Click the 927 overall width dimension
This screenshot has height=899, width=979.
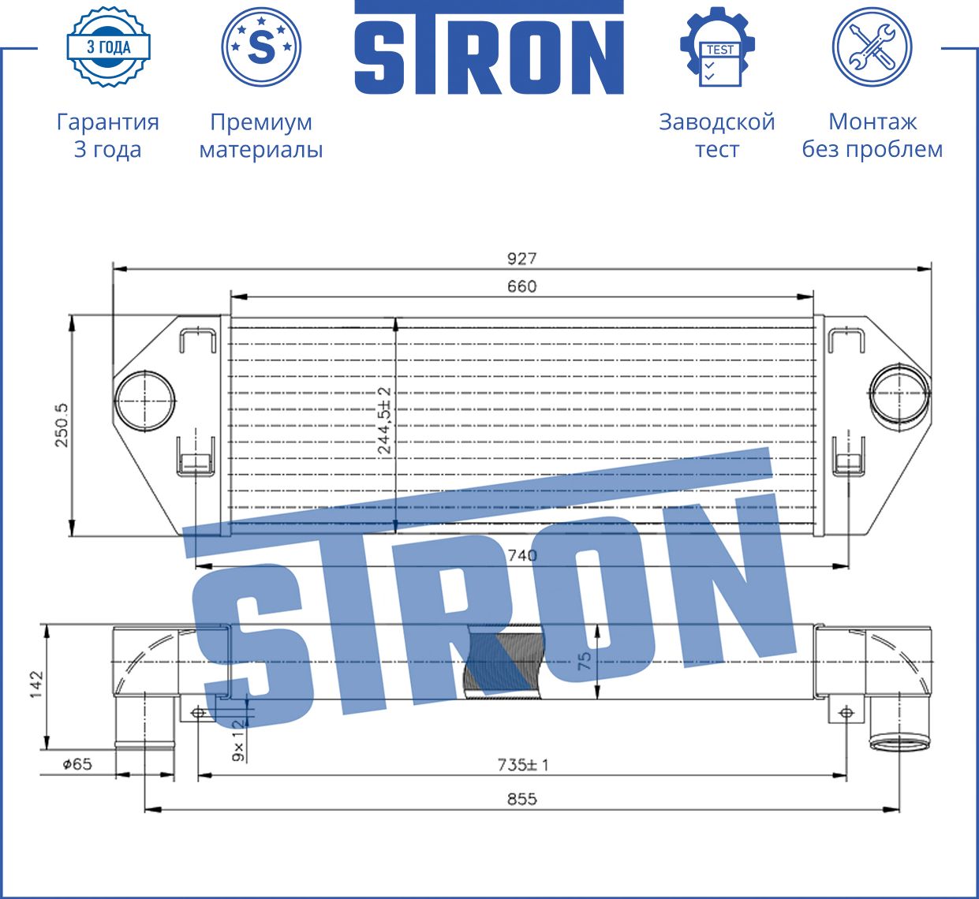pyautogui.click(x=521, y=259)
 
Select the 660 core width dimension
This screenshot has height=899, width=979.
pyautogui.click(x=521, y=286)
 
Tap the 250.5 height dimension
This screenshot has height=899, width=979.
pyautogui.click(x=62, y=425)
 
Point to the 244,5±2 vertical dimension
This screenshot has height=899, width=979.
pyautogui.click(x=384, y=420)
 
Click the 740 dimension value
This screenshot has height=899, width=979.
pyautogui.click(x=521, y=555)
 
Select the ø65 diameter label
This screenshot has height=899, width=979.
pyautogui.click(x=77, y=763)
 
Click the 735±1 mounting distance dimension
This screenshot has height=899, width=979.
pyautogui.click(x=522, y=764)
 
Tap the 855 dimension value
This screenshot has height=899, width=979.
pyautogui.click(x=521, y=799)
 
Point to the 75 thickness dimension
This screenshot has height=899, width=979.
pyautogui.click(x=585, y=661)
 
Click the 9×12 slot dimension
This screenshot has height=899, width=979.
pyautogui.click(x=239, y=744)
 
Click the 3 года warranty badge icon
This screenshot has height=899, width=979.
pyautogui.click(x=108, y=47)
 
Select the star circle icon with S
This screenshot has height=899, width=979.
pyautogui.click(x=261, y=47)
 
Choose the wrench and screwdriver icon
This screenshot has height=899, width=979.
pyautogui.click(x=872, y=47)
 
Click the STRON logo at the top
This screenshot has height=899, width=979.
pyautogui.click(x=489, y=49)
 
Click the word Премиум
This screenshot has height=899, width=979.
pyautogui.click(x=261, y=122)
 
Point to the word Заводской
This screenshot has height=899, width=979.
pyautogui.click(x=716, y=122)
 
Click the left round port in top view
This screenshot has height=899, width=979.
pyautogui.click(x=145, y=400)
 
